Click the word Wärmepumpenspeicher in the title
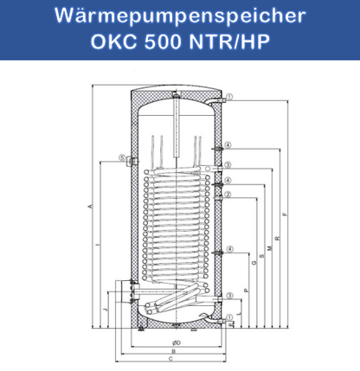179,16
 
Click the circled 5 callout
124,158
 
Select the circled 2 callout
228,194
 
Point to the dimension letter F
286,215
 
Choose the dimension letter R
276,238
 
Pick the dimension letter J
104,309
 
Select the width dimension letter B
176,350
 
